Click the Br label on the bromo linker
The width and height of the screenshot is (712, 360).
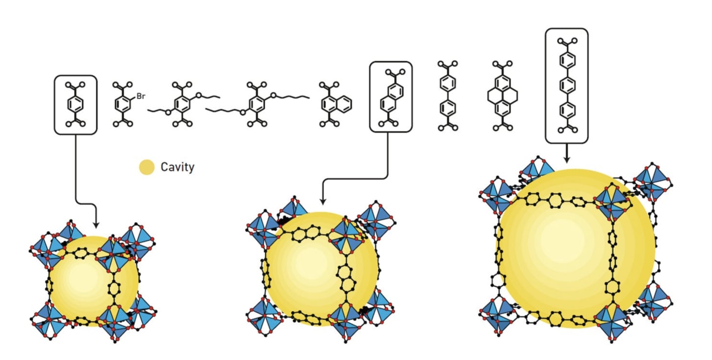click(141, 97)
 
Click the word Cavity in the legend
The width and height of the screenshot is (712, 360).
click(178, 167)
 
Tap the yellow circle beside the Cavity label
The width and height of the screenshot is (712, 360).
click(146, 168)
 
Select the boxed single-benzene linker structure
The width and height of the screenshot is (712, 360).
click(75, 105)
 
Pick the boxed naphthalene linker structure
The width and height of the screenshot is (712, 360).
click(391, 97)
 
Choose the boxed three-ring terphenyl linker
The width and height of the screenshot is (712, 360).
click(567, 86)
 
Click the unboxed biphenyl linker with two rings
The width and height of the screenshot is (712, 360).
click(448, 96)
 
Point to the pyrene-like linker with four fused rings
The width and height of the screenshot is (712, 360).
click(502, 96)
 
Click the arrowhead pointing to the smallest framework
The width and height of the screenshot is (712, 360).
click(96, 225)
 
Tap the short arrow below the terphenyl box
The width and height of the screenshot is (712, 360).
click(567, 156)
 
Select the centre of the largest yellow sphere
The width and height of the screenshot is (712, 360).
click(576, 248)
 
